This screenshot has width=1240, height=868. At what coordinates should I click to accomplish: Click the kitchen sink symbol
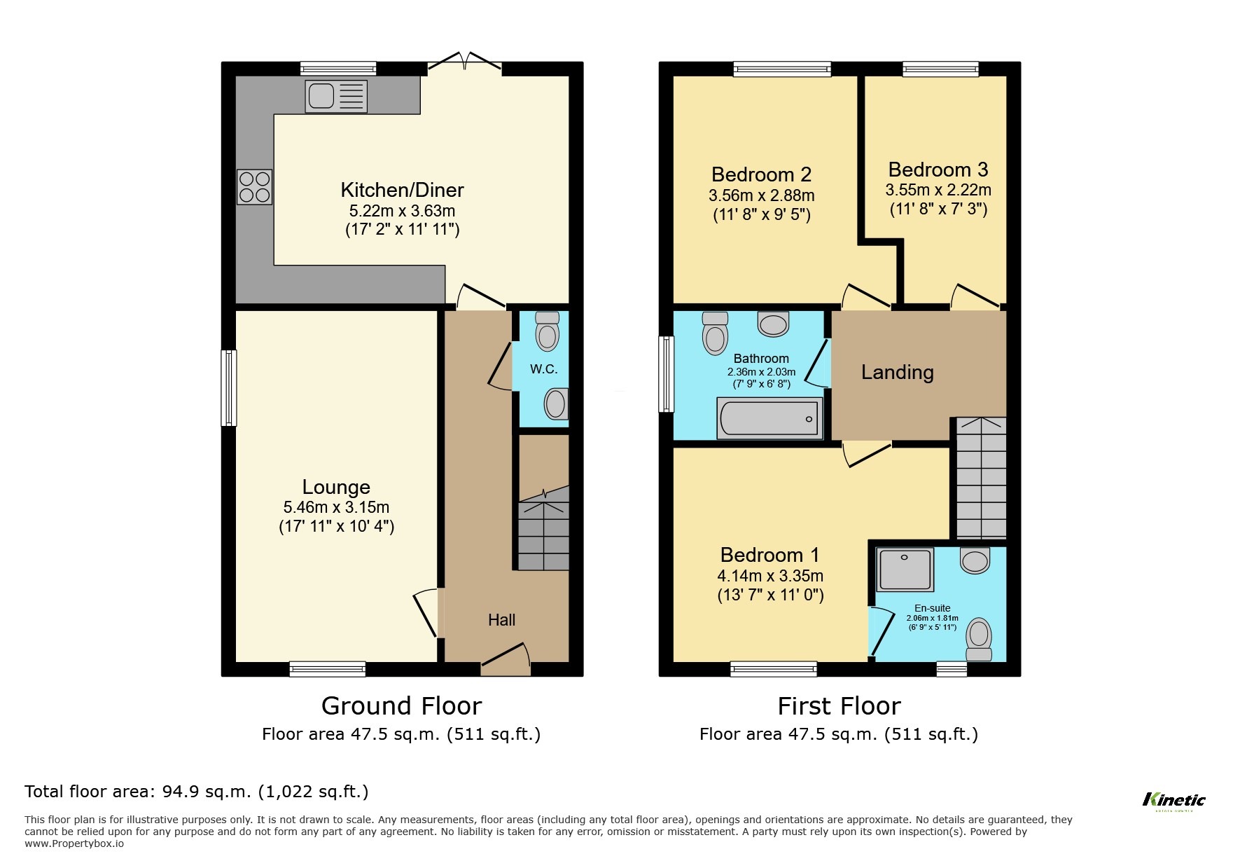click(x=335, y=96)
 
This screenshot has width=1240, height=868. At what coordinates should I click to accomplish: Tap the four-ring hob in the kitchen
click(x=254, y=187)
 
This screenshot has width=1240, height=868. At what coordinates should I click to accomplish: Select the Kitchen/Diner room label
click(x=402, y=190)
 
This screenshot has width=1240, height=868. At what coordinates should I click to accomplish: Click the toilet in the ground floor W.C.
click(x=547, y=331)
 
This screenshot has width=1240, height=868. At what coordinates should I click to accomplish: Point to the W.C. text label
click(x=543, y=369)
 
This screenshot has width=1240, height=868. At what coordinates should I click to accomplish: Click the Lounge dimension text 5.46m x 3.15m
click(x=336, y=507)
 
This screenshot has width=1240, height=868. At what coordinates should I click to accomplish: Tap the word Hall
click(x=501, y=620)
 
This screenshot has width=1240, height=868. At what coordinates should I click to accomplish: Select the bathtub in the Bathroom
click(x=769, y=418)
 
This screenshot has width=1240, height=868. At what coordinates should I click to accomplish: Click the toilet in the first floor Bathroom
click(x=715, y=333)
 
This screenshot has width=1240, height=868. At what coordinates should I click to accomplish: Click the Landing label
click(x=897, y=372)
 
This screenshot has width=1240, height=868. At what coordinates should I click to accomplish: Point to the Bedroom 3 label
click(x=938, y=170)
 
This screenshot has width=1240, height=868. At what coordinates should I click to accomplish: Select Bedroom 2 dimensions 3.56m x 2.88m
click(x=761, y=195)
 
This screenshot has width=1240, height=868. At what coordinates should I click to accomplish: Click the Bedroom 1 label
click(x=769, y=555)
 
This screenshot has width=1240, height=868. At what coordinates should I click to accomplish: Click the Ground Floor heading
click(x=401, y=705)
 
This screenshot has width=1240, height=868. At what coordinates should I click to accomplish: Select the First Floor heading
click(x=839, y=705)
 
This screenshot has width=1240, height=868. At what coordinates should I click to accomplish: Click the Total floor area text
click(x=196, y=792)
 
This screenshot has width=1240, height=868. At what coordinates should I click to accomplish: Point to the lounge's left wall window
click(x=229, y=387)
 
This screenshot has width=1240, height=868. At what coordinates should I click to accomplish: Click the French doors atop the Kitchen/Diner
click(x=464, y=64)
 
